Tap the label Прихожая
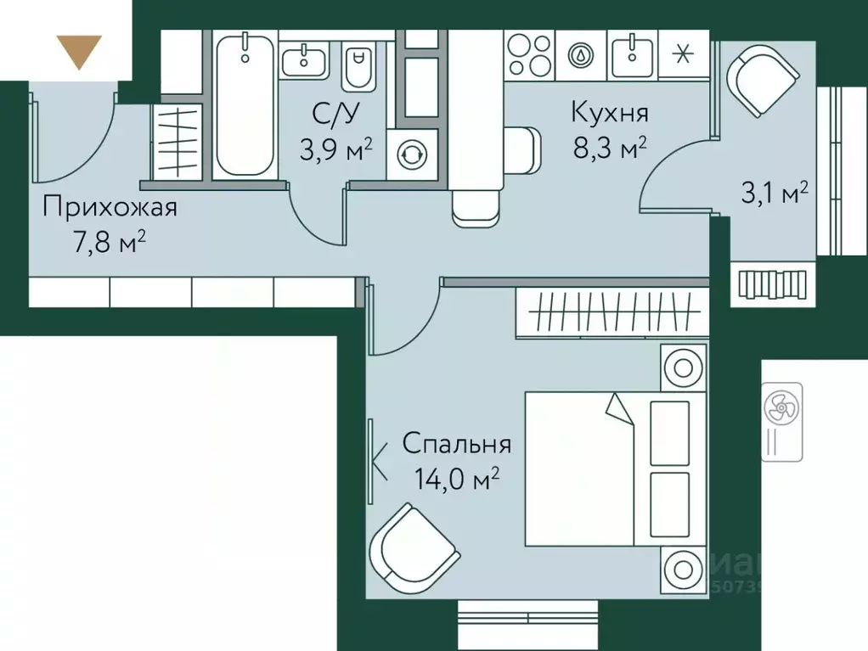(110, 207)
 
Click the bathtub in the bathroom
(244, 105)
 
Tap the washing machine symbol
(413, 154)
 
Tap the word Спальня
(456, 444)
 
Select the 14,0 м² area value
(456, 480)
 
